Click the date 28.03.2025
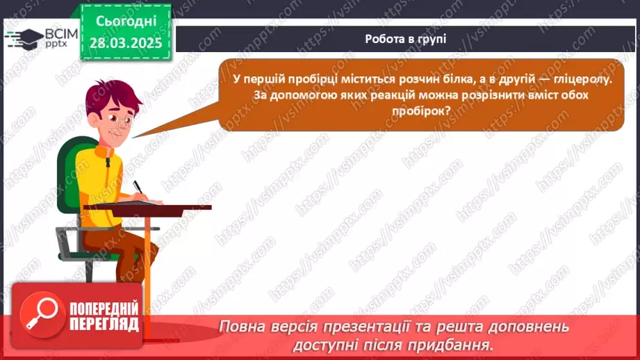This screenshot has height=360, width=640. [x=125, y=42]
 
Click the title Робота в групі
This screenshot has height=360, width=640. [x=405, y=38]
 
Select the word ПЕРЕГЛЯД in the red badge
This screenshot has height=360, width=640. [x=104, y=323]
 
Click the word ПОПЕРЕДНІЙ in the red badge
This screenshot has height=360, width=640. [x=104, y=307]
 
